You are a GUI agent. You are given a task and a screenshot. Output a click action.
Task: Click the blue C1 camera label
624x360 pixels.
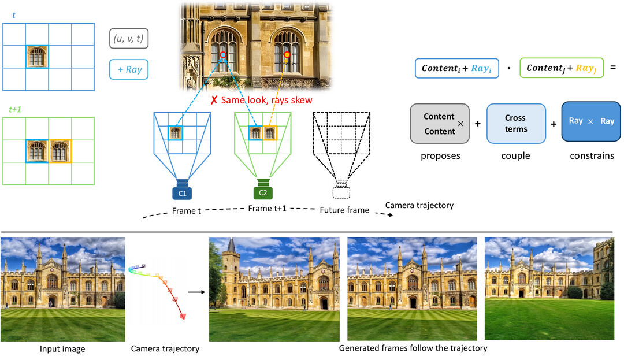182,194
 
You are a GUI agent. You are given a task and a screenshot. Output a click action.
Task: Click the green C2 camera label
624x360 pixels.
263,193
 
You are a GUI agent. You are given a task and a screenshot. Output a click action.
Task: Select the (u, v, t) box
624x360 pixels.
129,39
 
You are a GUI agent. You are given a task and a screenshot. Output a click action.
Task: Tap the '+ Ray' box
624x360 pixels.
129,69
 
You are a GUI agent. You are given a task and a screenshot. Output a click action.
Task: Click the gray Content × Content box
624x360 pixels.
440,124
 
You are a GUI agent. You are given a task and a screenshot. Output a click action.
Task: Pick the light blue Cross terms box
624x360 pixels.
516,124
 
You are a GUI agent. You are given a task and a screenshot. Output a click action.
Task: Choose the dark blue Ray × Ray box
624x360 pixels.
591,121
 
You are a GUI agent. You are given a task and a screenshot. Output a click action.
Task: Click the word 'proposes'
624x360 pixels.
440,156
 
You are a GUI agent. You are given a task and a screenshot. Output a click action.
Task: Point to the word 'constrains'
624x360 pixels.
592,156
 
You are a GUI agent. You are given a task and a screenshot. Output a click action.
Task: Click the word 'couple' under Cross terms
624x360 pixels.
516,156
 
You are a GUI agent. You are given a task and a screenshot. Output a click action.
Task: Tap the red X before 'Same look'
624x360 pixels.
214,100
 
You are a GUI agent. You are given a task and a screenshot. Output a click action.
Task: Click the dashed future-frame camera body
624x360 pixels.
341,192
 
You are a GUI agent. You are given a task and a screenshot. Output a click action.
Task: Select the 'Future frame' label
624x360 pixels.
344,210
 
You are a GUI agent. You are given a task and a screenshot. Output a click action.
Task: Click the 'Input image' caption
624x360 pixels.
62,349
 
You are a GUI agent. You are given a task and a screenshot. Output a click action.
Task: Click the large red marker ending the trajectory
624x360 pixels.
183,316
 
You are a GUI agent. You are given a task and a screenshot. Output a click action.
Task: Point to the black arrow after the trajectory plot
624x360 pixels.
196,292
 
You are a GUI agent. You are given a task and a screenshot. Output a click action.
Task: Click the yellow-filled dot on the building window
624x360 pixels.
287,54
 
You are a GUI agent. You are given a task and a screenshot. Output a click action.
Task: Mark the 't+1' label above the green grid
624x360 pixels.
15,109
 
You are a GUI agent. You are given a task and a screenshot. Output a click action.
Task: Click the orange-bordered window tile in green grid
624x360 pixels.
60,151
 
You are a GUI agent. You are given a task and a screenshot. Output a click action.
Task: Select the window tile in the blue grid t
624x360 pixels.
37,57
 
